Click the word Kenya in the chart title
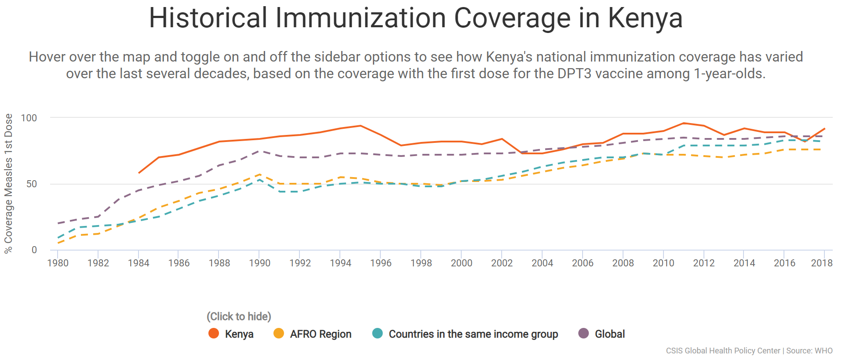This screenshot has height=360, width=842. click(645, 18)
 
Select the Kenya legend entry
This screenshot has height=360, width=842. click(239, 334)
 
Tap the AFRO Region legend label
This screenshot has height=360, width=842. click(321, 334)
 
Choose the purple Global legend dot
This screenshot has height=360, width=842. click(583, 334)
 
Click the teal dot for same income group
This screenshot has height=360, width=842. click(377, 334)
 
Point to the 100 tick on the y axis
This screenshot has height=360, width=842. click(29, 118)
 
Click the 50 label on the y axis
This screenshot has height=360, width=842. click(32, 184)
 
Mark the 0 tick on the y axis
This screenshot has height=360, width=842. click(34, 250)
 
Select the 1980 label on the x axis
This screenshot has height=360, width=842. click(58, 263)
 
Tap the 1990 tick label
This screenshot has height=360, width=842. click(259, 263)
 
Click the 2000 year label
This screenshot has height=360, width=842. click(461, 263)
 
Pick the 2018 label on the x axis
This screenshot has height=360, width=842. click(821, 263)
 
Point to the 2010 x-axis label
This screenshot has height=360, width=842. click(663, 263)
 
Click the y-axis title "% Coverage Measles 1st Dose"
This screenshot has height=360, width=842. click(8, 183)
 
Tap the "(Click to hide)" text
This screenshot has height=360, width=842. click(239, 316)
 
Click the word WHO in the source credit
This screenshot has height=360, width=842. click(824, 351)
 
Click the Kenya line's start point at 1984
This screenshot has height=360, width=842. click(139, 173)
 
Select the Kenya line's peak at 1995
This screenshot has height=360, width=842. click(361, 126)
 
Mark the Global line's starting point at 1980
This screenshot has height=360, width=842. click(58, 223)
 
